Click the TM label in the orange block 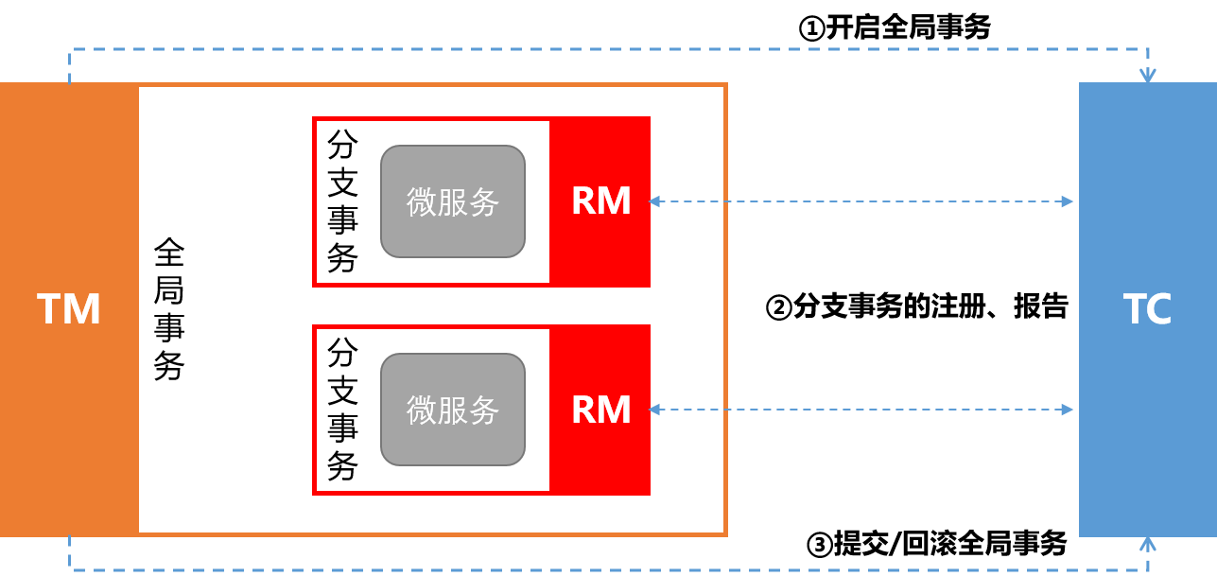[x=69, y=309]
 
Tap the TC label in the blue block [x=1147, y=309]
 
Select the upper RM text [x=600, y=201]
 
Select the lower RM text [x=600, y=410]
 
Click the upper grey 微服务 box [x=452, y=201]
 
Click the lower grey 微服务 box [x=452, y=410]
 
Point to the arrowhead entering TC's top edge [x=1148, y=76]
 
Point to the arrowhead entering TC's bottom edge [x=1148, y=544]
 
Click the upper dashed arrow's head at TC [x=1068, y=201]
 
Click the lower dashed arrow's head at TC [x=1068, y=410]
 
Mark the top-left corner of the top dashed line [x=70, y=49]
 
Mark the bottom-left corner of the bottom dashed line [x=70, y=569]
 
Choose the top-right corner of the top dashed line [x=1148, y=49]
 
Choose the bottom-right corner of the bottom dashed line [x=1148, y=569]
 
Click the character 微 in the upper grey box [x=422, y=201]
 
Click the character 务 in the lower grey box [x=484, y=410]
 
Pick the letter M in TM [x=82, y=309]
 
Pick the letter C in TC [x=1160, y=309]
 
